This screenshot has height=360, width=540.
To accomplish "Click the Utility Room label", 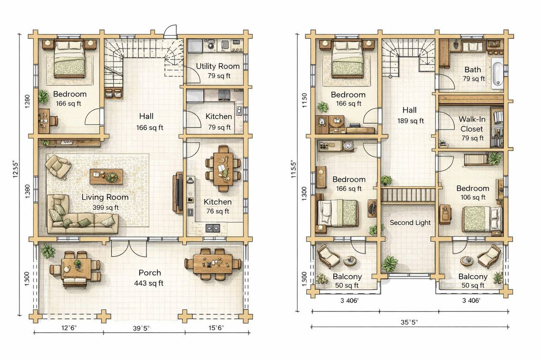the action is [218, 66].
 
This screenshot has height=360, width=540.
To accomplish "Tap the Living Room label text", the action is [105, 197].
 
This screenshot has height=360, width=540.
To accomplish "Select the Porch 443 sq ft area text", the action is [149, 283].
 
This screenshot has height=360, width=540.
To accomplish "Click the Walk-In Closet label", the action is [472, 124].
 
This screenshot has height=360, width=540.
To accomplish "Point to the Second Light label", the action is [410, 222].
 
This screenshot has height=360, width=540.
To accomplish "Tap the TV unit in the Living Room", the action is [178, 193].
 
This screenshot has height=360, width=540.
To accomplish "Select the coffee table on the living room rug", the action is [106, 176].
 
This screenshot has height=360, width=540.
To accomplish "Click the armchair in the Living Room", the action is [58, 166].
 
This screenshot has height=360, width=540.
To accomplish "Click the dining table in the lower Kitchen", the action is [223, 169].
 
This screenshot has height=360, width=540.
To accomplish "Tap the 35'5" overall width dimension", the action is [409, 322].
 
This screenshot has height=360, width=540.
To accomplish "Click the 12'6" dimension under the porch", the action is [69, 328].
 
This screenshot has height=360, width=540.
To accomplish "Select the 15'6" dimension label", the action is [216, 328].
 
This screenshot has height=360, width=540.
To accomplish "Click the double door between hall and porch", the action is [129, 248].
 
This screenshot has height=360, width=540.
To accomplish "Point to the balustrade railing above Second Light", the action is [408, 195].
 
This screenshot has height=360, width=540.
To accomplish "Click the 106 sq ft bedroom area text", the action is [473, 197].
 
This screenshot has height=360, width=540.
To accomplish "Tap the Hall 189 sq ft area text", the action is [410, 121].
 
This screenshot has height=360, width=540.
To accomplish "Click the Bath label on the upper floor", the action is [473, 70].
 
